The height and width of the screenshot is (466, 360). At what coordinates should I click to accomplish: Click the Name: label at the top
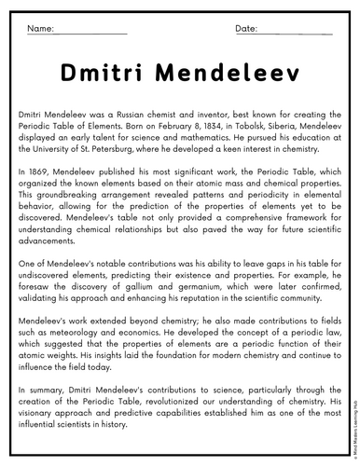40,29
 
